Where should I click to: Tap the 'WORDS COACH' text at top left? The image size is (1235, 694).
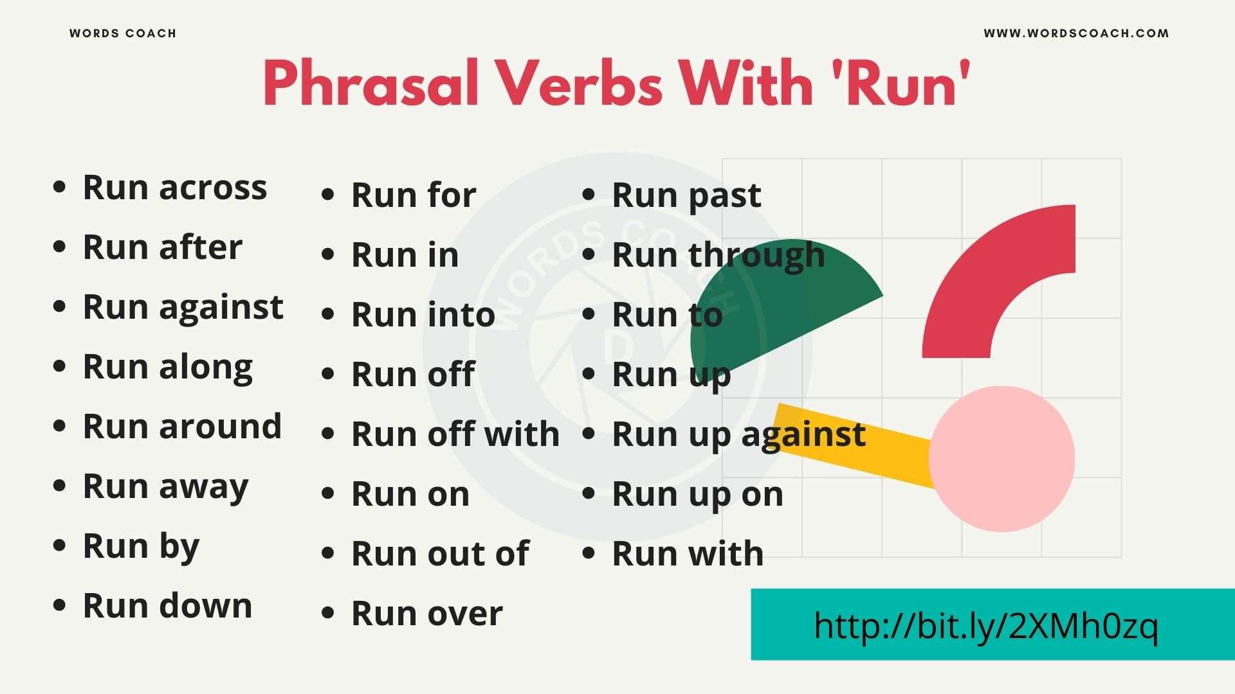click(122, 33)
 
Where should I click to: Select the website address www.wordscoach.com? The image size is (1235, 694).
click(1076, 33)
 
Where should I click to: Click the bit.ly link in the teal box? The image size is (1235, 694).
click(985, 625)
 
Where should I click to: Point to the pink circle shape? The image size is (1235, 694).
click(1002, 459)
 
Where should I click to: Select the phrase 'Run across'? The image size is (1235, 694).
click(174, 188)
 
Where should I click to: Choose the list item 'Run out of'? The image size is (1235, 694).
click(440, 554)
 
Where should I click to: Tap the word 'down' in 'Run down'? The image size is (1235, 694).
click(205, 606)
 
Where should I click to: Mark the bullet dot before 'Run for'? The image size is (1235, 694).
click(328, 194)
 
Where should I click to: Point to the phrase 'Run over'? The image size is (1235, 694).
click(426, 614)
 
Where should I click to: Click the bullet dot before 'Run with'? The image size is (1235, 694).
click(589, 553)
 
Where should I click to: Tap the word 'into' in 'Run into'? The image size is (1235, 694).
click(460, 315)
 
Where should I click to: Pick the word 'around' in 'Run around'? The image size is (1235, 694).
click(220, 427)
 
